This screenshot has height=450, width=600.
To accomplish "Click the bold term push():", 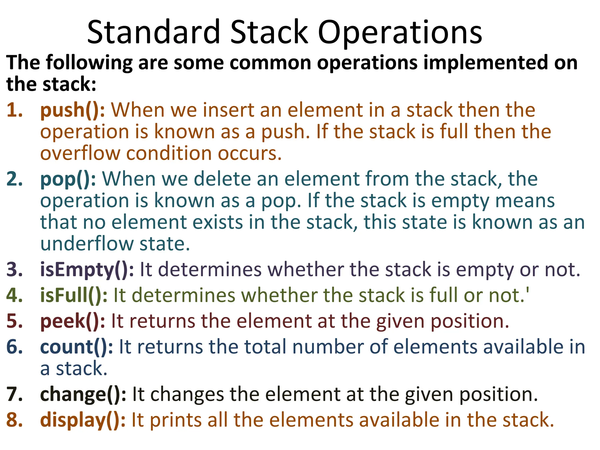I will click(72, 110).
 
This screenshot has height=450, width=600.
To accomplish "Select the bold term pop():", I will click(68, 179).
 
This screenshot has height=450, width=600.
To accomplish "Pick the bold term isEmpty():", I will click(87, 270).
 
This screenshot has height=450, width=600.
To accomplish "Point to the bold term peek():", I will click(72, 321).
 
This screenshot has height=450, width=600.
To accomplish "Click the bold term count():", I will click(76, 347).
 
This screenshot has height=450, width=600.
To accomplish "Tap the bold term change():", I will click(83, 394).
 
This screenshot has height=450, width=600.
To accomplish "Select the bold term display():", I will click(83, 420).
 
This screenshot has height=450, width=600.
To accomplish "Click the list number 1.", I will click(14, 110).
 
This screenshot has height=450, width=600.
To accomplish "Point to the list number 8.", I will click(14, 420).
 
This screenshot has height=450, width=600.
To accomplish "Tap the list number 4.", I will click(14, 295).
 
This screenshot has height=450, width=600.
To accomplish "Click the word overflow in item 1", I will click(80, 153).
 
